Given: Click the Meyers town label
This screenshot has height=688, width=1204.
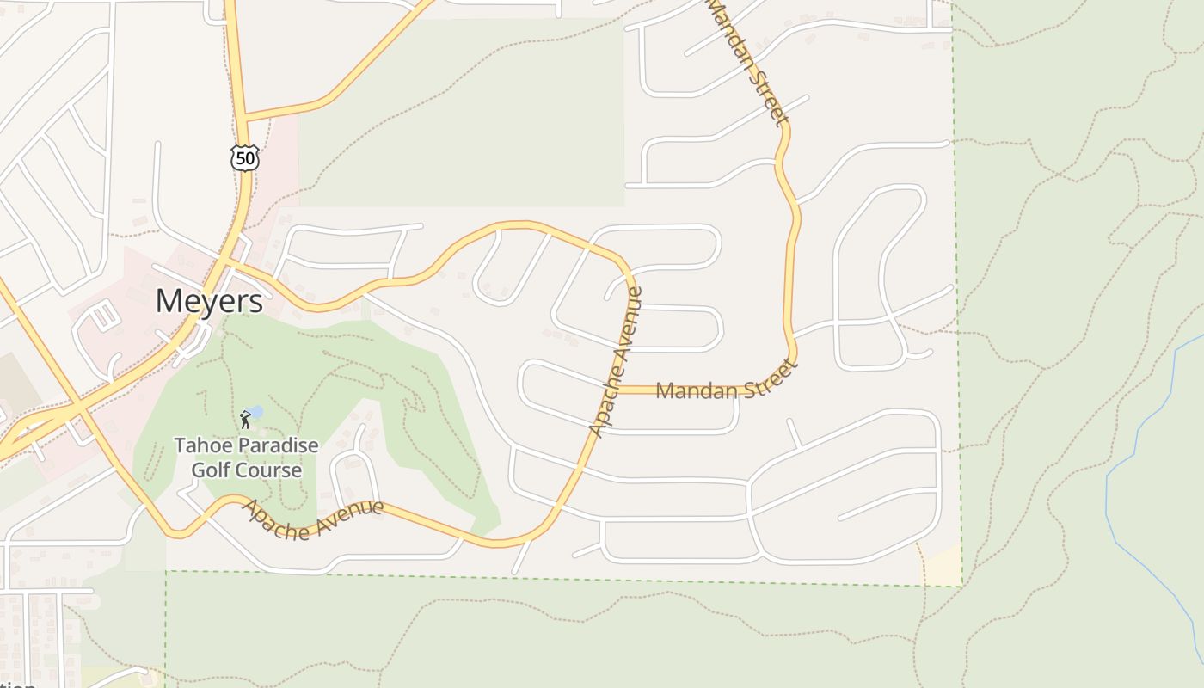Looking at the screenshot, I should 209,302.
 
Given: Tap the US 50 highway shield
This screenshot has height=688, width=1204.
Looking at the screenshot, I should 245,157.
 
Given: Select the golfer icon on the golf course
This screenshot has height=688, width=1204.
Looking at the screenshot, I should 245,420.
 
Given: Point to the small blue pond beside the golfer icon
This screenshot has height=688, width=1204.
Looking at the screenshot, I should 256,413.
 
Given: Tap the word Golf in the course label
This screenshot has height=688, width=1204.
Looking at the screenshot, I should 209,470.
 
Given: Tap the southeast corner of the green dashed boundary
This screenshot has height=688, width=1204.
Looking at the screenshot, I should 961,587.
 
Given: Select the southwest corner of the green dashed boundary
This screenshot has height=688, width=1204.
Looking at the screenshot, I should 166,571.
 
